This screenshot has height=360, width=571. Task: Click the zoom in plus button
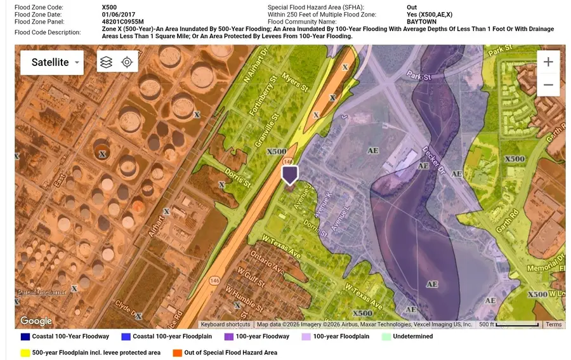pos(548,62)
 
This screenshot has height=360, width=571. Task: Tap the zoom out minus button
pos(548,85)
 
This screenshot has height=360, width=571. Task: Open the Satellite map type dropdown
pos(52,63)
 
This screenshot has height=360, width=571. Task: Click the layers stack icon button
pos(106,62)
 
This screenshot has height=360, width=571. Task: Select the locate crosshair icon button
pos(127,62)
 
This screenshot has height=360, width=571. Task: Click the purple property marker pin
pos(290,175)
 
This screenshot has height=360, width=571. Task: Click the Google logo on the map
pos(36,321)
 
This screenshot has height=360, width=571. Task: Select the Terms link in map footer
pos(553,324)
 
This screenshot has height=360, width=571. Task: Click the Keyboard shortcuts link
pos(225,324)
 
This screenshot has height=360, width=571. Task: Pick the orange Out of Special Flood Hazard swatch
pos(178,352)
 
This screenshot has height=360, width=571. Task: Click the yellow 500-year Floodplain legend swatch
pos(25,352)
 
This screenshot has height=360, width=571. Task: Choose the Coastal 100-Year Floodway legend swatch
pos(25,337)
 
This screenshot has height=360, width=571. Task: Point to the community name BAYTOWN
pos(421,22)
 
